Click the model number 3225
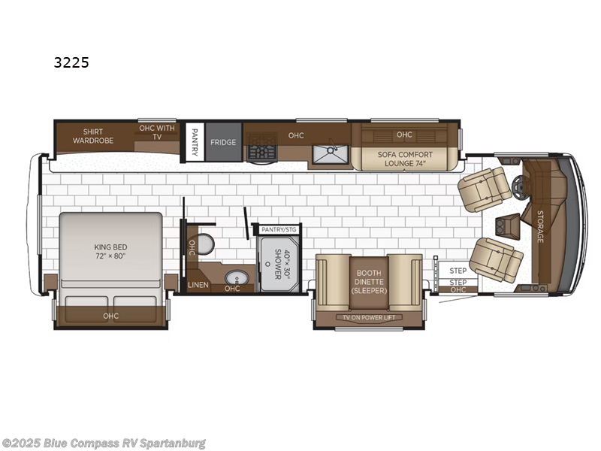(71, 63)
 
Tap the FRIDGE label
(223, 142)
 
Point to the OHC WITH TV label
(156, 132)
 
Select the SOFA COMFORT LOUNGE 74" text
(405, 158)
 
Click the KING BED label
(111, 251)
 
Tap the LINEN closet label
(198, 285)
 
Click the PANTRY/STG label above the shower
(279, 229)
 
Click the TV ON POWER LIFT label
(369, 317)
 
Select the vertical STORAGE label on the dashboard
(539, 226)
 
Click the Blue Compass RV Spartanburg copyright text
(104, 443)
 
